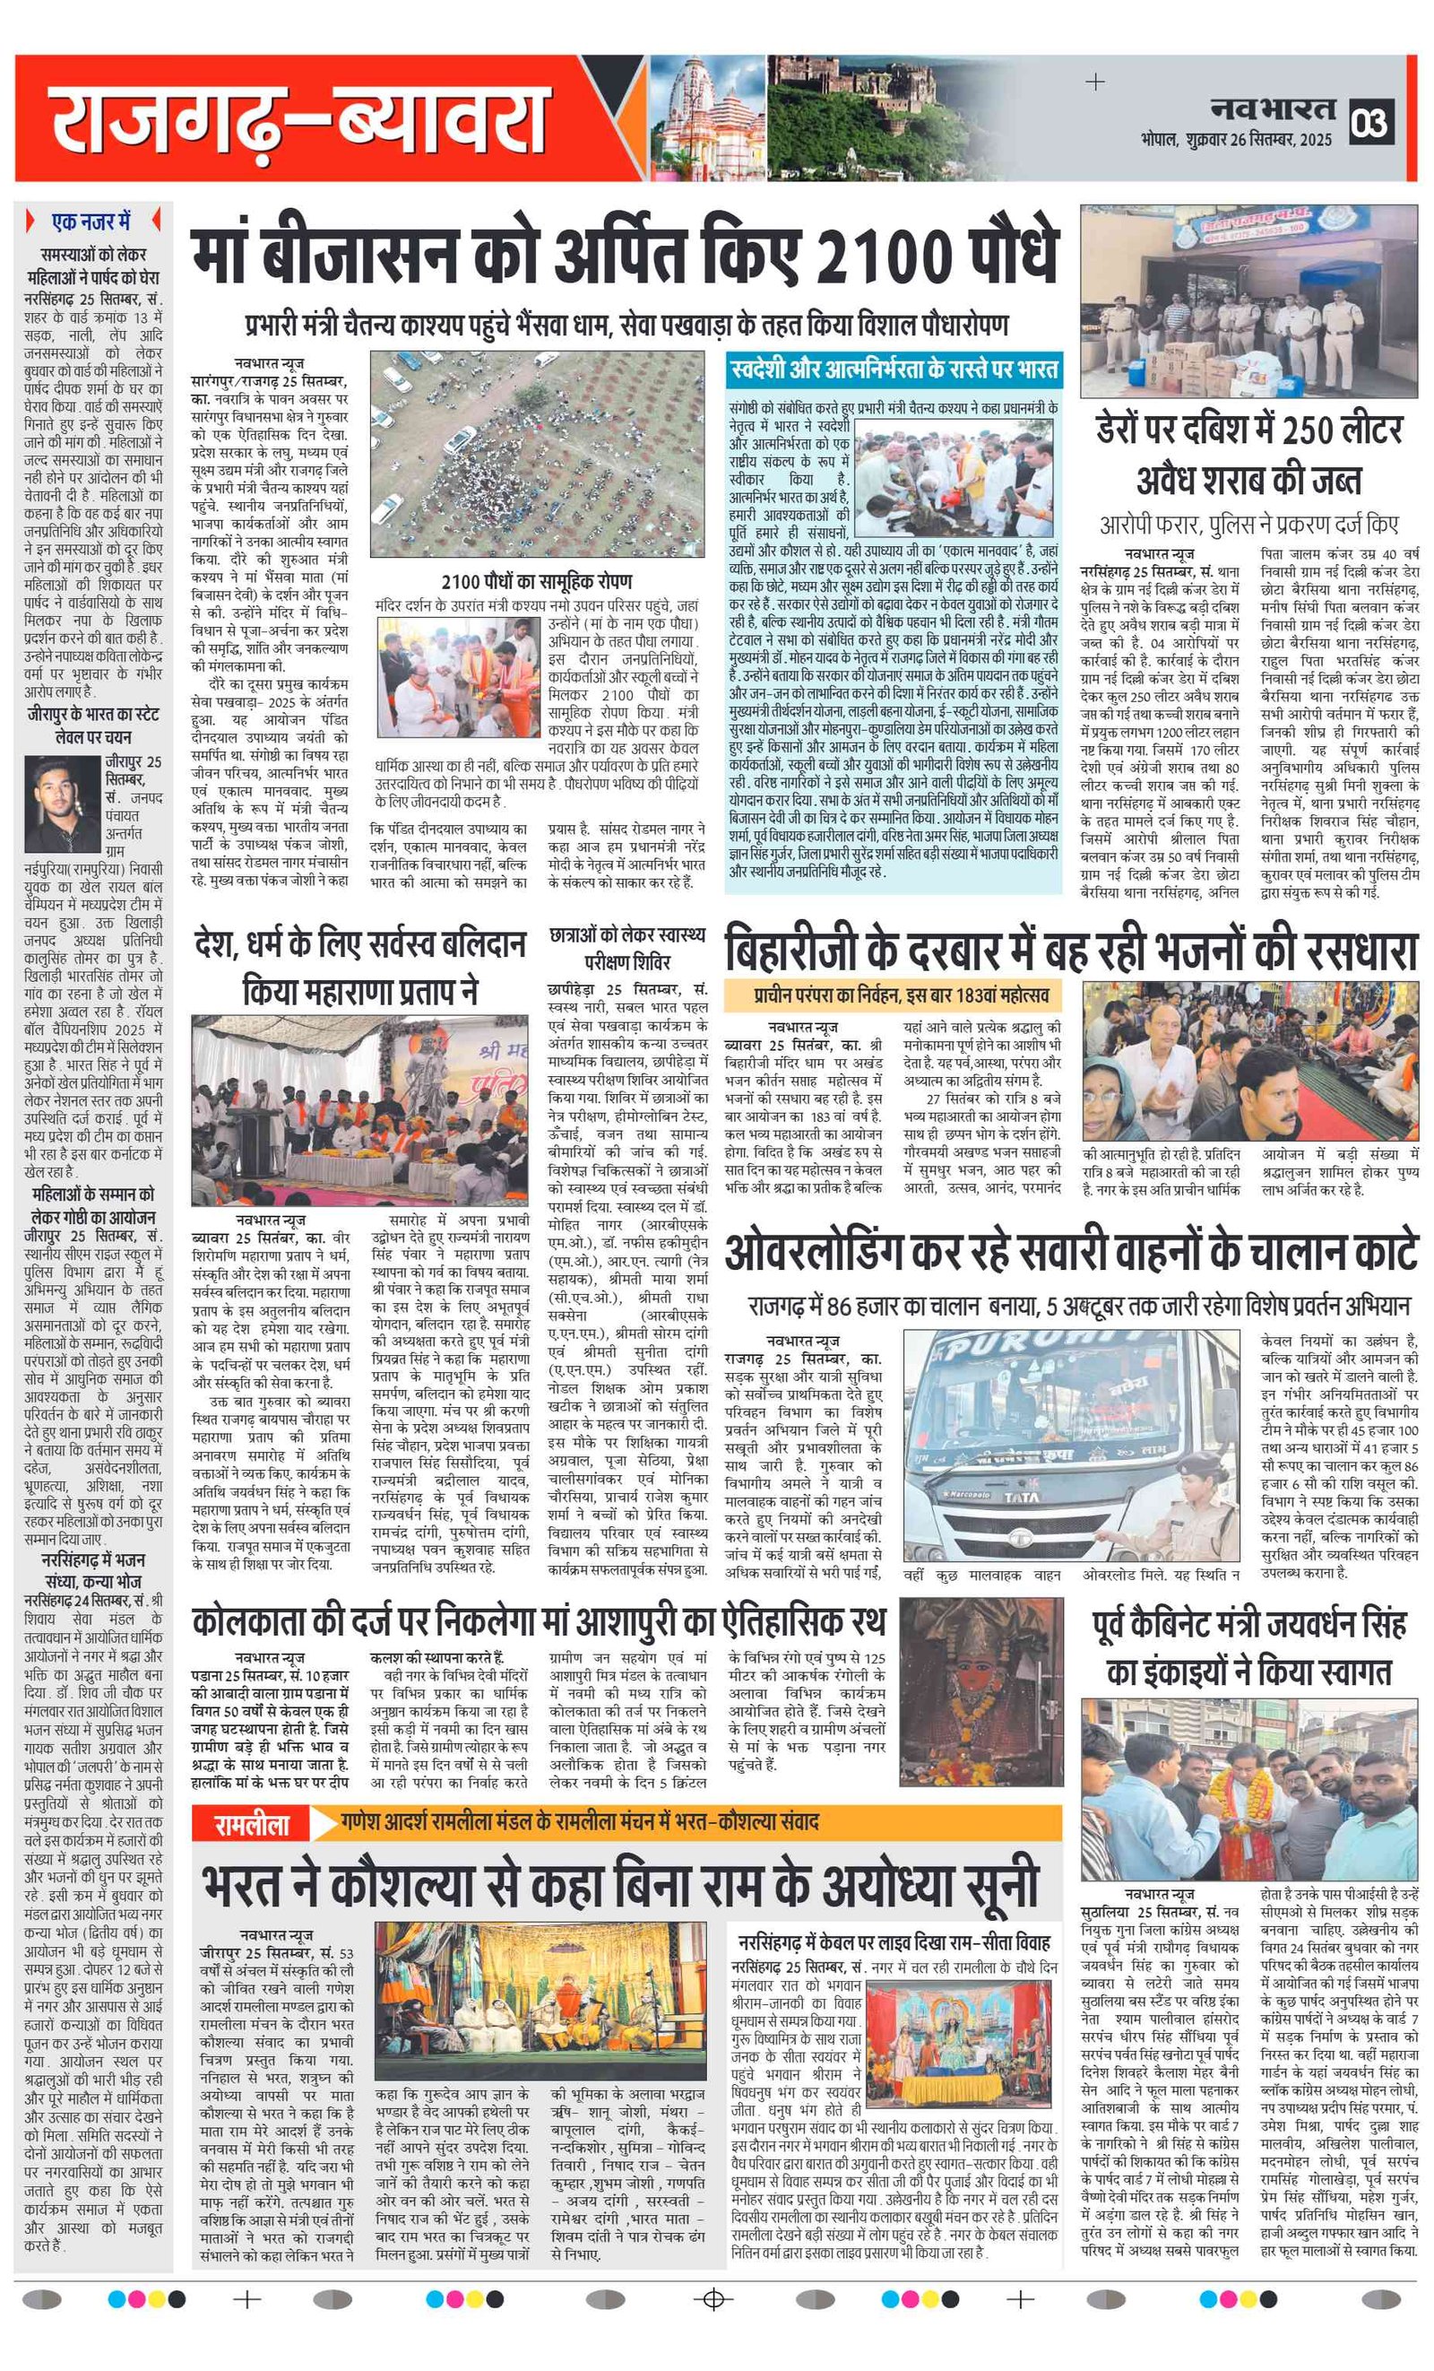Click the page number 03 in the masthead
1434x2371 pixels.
pyautogui.click(x=1369, y=123)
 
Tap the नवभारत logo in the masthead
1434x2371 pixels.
pyautogui.click(x=1273, y=109)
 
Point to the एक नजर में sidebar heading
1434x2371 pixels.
pyautogui.click(x=91, y=222)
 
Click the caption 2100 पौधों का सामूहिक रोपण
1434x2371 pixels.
pyautogui.click(x=536, y=582)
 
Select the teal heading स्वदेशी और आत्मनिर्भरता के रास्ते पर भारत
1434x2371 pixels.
pyautogui.click(x=894, y=369)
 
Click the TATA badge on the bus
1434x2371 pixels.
pyautogui.click(x=1022, y=1498)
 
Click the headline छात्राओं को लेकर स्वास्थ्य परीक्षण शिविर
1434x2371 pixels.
pyautogui.click(x=626, y=948)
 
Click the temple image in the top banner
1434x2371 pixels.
pyautogui.click(x=707, y=117)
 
